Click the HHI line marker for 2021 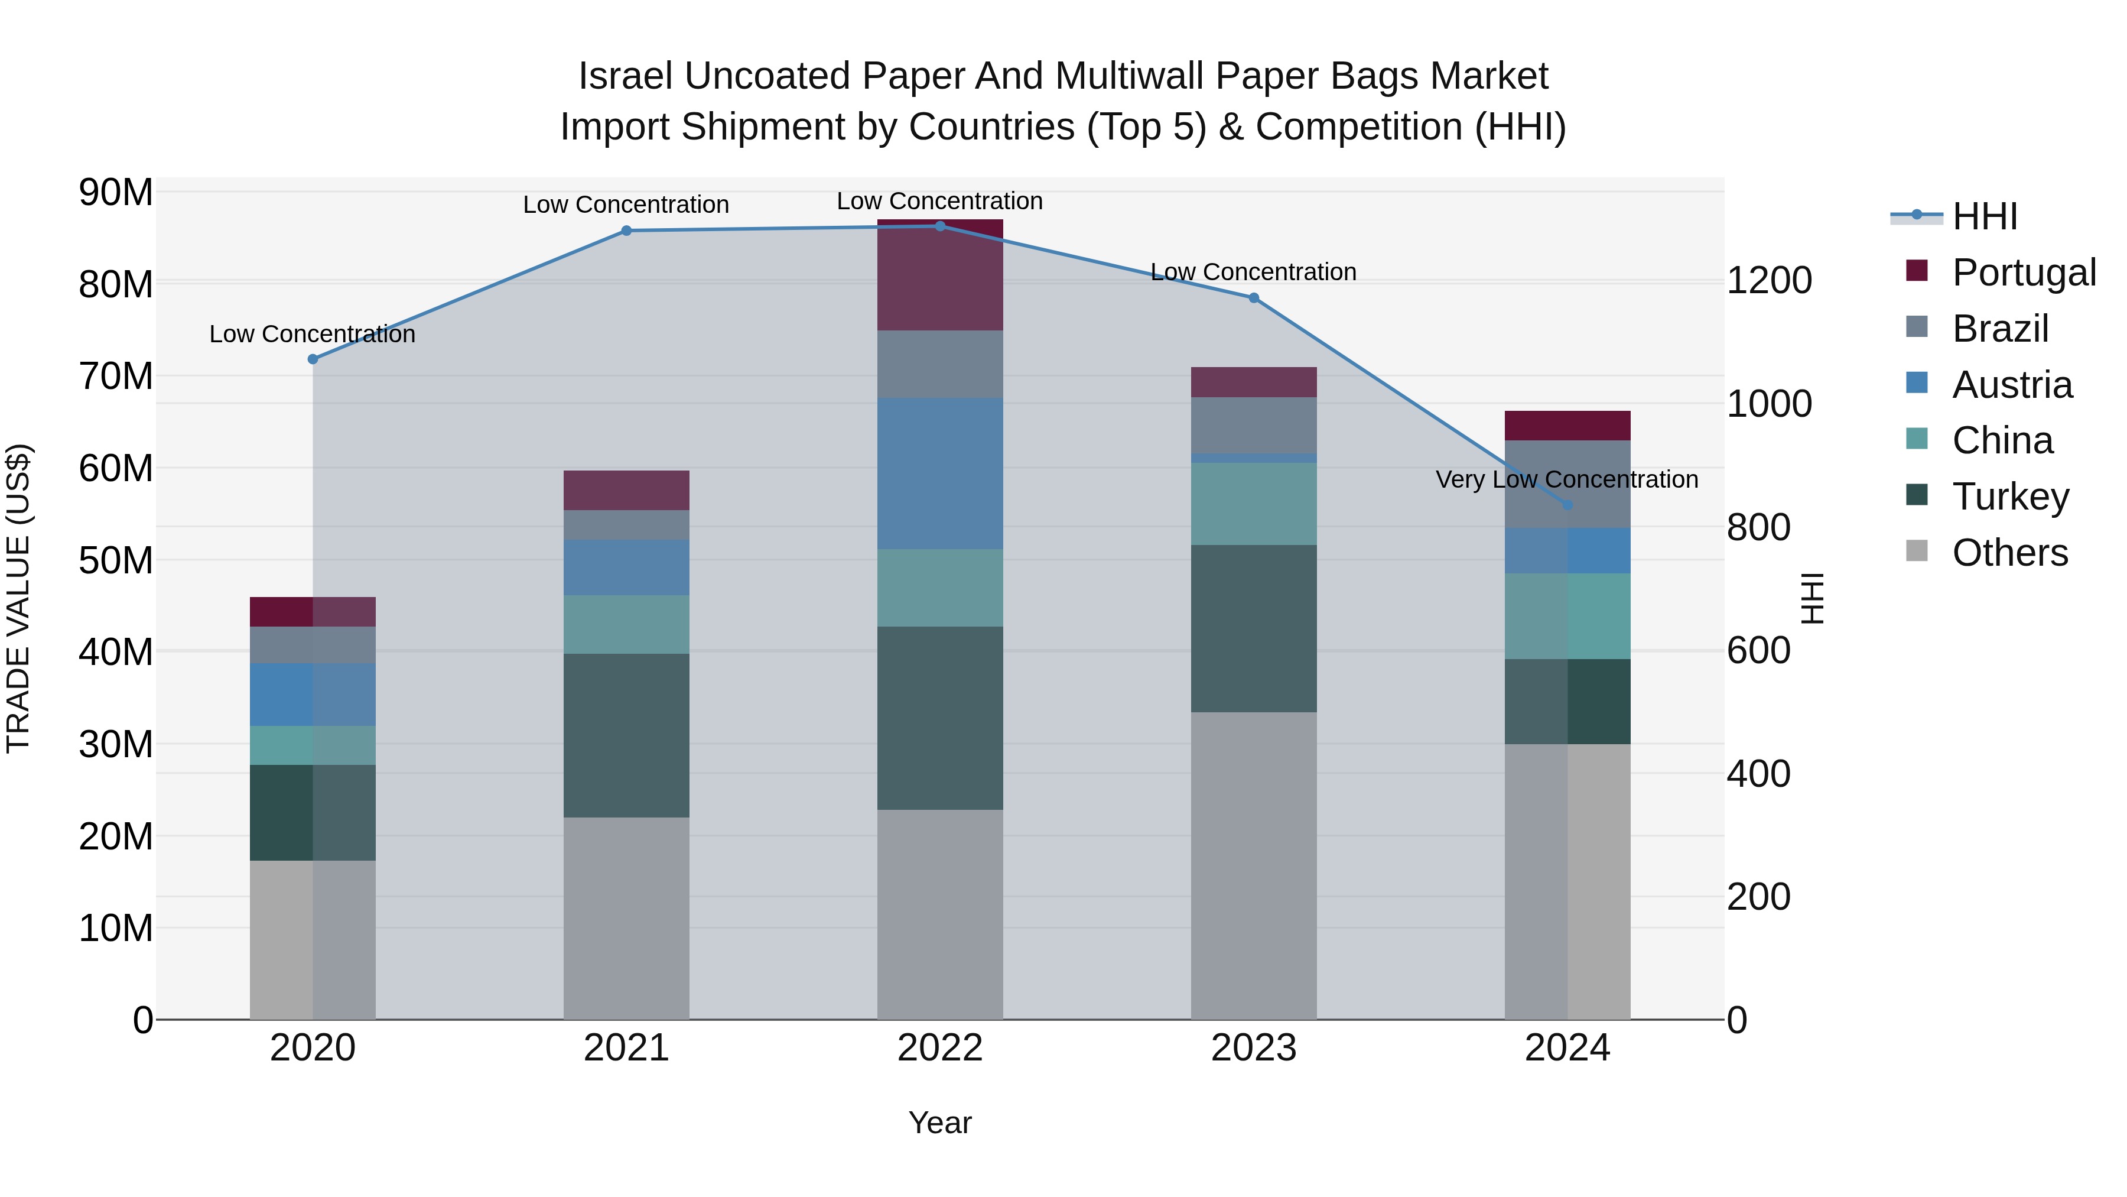[626, 231]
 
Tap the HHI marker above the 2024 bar [1567, 505]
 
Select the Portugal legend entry [2023, 272]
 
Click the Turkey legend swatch [1917, 495]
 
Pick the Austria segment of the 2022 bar [939, 473]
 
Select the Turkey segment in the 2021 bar [626, 735]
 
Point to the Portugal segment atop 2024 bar [1567, 426]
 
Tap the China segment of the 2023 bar [1253, 503]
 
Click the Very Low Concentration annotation [1566, 479]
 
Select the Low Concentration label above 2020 [312, 334]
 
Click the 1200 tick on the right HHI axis [1768, 281]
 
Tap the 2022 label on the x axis [939, 1048]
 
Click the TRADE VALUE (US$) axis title [18, 598]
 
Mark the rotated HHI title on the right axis [1813, 598]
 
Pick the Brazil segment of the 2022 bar [939, 364]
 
